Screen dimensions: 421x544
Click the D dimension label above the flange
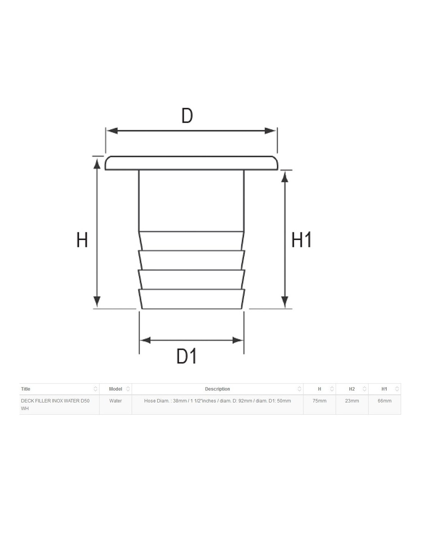click(x=187, y=116)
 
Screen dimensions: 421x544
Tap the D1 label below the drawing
click(x=187, y=356)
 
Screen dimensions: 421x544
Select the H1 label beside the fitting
click(x=301, y=239)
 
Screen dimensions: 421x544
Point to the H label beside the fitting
click(x=82, y=240)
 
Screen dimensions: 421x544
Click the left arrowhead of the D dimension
click(x=113, y=131)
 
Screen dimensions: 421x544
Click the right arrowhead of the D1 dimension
click(x=238, y=340)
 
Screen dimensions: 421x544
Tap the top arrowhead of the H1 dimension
click(x=284, y=177)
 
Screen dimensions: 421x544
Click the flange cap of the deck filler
click(x=191, y=163)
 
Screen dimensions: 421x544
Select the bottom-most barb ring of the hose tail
click(x=192, y=299)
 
